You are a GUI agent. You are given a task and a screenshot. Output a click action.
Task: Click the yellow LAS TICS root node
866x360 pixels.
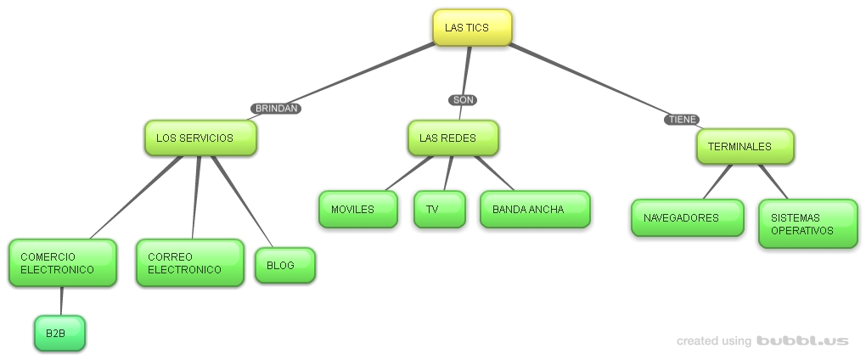tap(472, 27)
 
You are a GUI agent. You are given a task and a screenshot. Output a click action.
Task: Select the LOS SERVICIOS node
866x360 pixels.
tap(200, 138)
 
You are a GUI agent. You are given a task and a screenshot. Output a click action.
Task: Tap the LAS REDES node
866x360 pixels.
tap(453, 138)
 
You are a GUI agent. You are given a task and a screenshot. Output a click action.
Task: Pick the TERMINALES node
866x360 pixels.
tap(745, 146)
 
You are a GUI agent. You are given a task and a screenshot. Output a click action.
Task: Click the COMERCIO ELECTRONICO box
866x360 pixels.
tap(62, 263)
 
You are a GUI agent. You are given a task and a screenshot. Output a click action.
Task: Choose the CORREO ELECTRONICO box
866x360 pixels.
tap(189, 263)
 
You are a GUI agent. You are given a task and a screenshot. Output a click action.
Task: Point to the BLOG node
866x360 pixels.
tap(284, 265)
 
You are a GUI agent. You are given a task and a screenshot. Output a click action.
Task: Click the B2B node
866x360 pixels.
tap(59, 333)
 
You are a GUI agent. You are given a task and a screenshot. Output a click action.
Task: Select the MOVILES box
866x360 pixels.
tap(357, 210)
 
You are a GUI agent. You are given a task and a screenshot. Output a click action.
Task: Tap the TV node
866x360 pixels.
tap(439, 210)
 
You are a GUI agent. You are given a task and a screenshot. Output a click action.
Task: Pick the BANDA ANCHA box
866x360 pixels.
tap(534, 210)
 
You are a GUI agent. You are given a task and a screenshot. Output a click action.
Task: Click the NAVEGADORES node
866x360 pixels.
tap(687, 217)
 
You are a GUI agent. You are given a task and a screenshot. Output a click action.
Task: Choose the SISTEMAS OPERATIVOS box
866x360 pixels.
tap(807, 224)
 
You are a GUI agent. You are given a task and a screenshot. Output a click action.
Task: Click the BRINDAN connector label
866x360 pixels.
tap(276, 109)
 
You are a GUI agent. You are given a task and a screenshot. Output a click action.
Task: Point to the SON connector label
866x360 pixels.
tap(463, 100)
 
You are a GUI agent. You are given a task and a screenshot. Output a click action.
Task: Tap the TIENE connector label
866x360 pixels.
tap(683, 120)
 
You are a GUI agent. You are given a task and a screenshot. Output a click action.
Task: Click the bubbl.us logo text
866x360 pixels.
tap(801, 340)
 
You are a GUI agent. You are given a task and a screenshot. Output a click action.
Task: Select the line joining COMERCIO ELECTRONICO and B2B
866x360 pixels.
tap(61, 301)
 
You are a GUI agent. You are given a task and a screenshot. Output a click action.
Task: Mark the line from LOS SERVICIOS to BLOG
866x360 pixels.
tap(242, 202)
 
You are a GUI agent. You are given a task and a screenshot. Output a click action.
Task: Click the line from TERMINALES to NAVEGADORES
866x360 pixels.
tap(718, 181)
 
